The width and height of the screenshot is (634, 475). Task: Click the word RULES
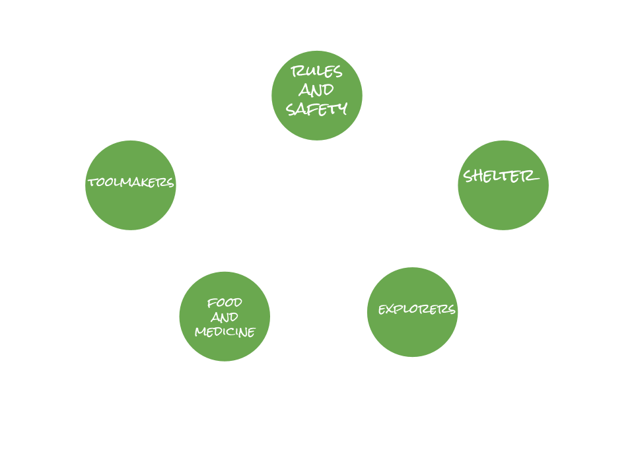316,72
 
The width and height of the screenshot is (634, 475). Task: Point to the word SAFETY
316,109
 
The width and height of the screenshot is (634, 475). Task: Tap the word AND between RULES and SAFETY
316,90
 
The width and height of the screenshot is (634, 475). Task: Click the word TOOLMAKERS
131,183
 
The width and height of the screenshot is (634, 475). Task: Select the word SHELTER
501,176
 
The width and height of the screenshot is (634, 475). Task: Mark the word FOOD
225,303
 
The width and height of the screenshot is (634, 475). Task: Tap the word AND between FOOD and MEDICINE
225,317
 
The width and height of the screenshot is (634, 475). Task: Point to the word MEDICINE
225,332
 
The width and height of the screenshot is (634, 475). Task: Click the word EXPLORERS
417,309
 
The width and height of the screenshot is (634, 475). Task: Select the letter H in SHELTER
479,176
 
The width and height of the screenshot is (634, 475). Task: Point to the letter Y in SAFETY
341,110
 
